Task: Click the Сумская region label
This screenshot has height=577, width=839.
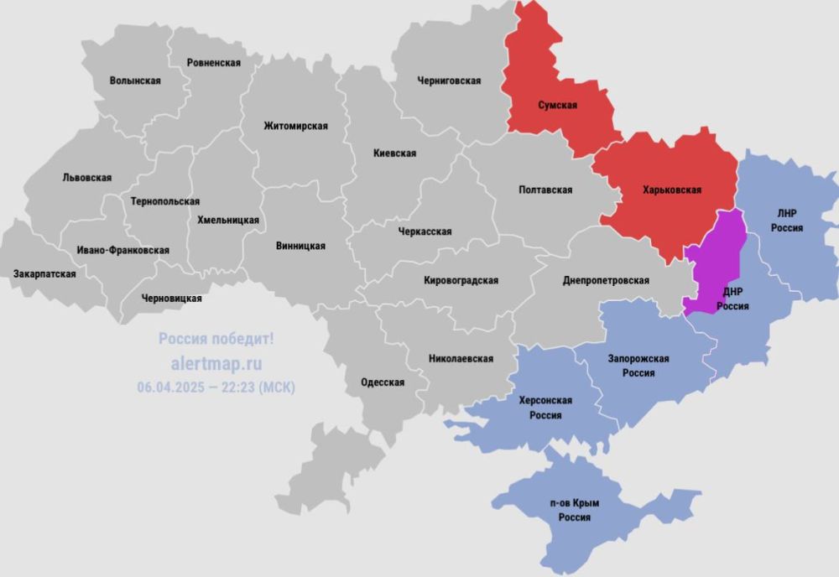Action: (557, 106)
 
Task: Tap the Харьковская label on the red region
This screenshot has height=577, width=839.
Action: (671, 190)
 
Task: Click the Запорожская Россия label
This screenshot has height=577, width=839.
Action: (638, 366)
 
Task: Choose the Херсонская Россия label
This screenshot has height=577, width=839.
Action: (545, 407)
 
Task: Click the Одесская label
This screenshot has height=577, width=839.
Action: (383, 382)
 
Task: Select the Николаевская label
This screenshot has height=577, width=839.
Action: (461, 358)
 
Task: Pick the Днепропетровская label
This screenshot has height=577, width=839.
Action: (606, 281)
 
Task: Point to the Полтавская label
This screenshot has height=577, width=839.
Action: (546, 190)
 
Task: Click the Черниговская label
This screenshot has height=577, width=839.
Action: (449, 81)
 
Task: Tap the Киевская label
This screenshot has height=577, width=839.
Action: (395, 153)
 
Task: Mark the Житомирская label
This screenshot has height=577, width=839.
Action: (295, 126)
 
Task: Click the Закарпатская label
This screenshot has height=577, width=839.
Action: (44, 274)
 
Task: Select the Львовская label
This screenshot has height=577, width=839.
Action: (87, 178)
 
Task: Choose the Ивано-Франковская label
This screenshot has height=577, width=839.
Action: (122, 250)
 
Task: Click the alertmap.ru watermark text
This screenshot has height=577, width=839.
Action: (216, 363)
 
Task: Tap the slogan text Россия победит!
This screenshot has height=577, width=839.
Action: (216, 339)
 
